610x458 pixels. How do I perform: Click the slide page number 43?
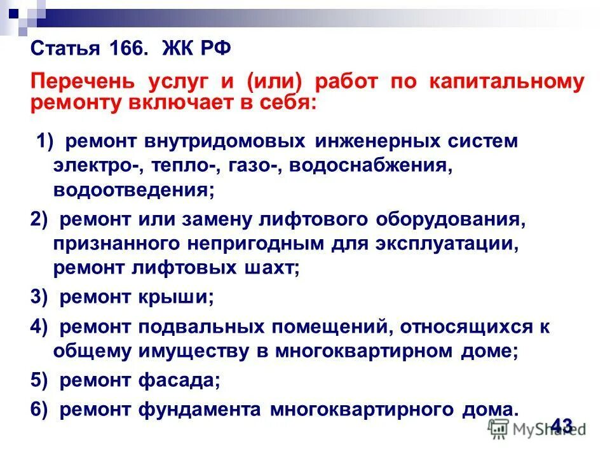point(562,424)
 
